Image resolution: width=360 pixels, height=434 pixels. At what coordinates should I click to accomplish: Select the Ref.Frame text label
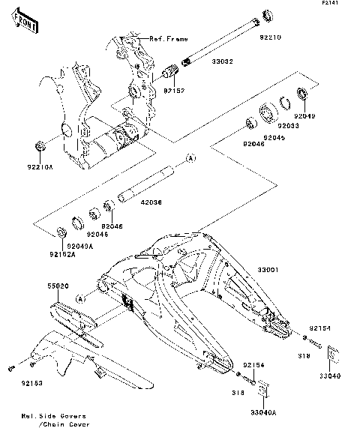169,38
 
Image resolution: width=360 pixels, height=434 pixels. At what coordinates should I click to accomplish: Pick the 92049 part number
305,116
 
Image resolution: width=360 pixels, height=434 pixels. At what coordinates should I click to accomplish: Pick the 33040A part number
263,413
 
